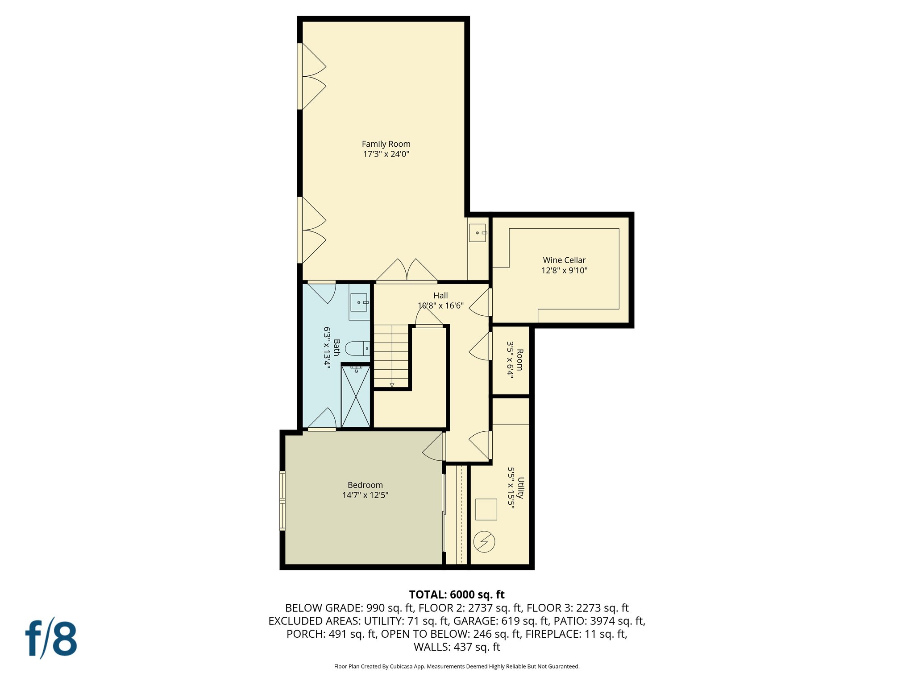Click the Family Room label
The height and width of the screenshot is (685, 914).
click(x=386, y=144)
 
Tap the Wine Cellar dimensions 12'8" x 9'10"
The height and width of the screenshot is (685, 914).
click(x=564, y=270)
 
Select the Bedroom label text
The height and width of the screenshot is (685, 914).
click(x=365, y=485)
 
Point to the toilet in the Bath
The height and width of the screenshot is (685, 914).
click(x=357, y=348)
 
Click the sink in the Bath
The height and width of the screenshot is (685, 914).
click(x=359, y=302)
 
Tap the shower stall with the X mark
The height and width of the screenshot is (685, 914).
click(x=356, y=396)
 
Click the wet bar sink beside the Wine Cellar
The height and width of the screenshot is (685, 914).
click(x=478, y=233)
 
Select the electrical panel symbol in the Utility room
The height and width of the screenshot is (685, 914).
click(x=484, y=541)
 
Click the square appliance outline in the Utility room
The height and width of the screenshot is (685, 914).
click(x=486, y=509)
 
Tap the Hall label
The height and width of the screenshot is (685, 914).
click(x=440, y=296)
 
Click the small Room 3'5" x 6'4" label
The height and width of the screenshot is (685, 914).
click(x=515, y=360)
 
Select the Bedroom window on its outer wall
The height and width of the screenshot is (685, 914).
click(x=283, y=501)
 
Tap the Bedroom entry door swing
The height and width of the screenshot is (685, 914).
click(x=433, y=447)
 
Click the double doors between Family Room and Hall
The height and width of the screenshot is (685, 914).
click(x=407, y=271)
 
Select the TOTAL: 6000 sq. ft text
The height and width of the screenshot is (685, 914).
click(x=457, y=594)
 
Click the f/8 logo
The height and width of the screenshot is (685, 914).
click(x=51, y=638)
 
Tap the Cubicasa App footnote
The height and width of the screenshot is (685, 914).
click(x=457, y=667)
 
